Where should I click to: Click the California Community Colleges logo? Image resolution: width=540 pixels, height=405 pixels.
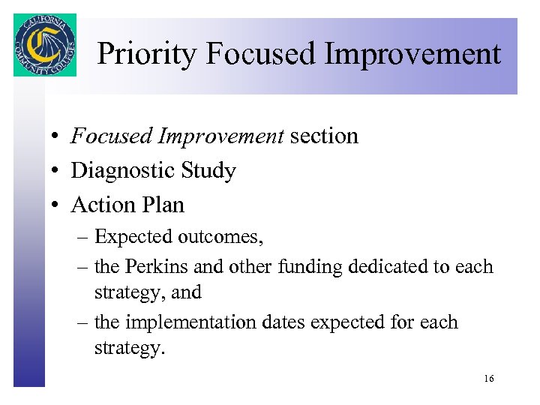click(x=44, y=45)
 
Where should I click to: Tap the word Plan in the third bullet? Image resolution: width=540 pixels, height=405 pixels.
click(x=164, y=205)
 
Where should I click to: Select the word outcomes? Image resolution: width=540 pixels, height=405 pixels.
click(x=220, y=238)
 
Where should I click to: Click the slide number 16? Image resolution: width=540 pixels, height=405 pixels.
click(x=489, y=379)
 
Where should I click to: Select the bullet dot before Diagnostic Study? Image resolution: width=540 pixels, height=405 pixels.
click(x=56, y=172)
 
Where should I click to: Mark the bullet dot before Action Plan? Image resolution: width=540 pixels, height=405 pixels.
click(x=56, y=205)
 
